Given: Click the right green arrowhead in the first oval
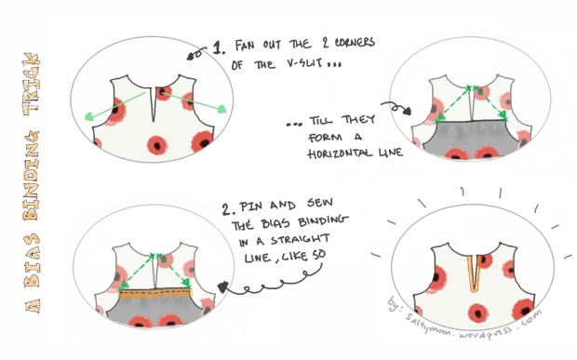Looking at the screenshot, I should click(x=223, y=110).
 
